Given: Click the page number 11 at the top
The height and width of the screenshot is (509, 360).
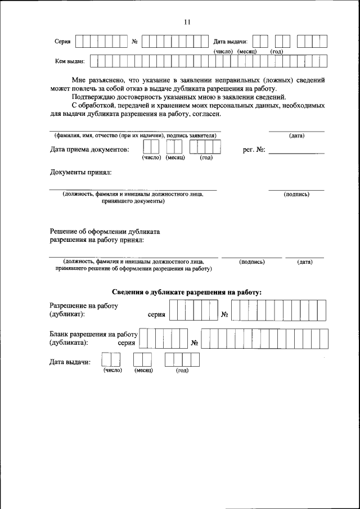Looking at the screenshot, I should point(187,22).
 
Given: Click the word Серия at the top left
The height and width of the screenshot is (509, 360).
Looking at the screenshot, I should point(62,42).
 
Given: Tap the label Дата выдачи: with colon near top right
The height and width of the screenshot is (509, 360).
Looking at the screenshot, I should point(231,42).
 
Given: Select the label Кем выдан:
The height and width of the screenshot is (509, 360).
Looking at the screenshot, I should point(69,61).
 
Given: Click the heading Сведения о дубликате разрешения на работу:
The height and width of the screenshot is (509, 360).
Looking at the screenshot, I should point(187,292).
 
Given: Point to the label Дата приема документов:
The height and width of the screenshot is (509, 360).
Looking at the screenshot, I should point(89,149).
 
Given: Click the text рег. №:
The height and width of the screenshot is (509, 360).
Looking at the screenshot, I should point(254,150).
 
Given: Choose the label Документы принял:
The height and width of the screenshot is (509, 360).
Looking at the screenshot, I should point(81,172).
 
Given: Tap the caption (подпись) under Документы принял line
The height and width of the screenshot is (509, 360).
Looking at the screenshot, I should point(296,194).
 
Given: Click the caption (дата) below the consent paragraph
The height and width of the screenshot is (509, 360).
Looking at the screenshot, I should point(296,136).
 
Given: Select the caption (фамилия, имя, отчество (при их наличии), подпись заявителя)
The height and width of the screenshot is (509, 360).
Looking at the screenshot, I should point(135,136).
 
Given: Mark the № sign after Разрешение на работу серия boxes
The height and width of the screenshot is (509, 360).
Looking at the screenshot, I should point(224,314).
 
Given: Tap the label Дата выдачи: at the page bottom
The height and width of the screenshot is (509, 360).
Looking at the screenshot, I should point(70,362).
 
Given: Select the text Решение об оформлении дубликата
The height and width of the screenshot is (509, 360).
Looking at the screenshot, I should point(105,231).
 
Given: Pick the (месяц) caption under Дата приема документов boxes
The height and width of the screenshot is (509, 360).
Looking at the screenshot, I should point(174,158).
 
